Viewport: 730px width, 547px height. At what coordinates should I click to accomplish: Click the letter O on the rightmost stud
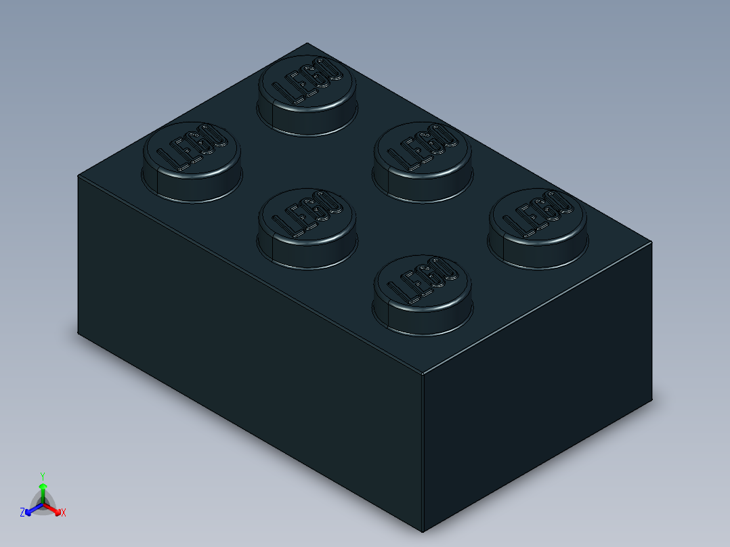pyautogui.click(x=558, y=202)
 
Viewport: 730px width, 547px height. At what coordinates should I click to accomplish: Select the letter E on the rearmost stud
pyautogui.click(x=297, y=87)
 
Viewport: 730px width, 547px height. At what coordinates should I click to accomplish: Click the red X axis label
pyautogui.click(x=64, y=512)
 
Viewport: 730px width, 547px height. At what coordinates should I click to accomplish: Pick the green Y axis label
pyautogui.click(x=42, y=476)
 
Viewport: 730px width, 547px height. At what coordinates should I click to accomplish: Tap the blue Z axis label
pyautogui.click(x=22, y=512)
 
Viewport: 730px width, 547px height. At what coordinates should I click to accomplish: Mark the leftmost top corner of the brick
pyautogui.click(x=78, y=175)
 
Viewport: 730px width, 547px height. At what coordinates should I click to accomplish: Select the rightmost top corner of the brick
pyautogui.click(x=653, y=242)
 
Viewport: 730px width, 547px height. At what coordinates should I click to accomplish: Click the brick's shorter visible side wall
pyautogui.click(x=538, y=386)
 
